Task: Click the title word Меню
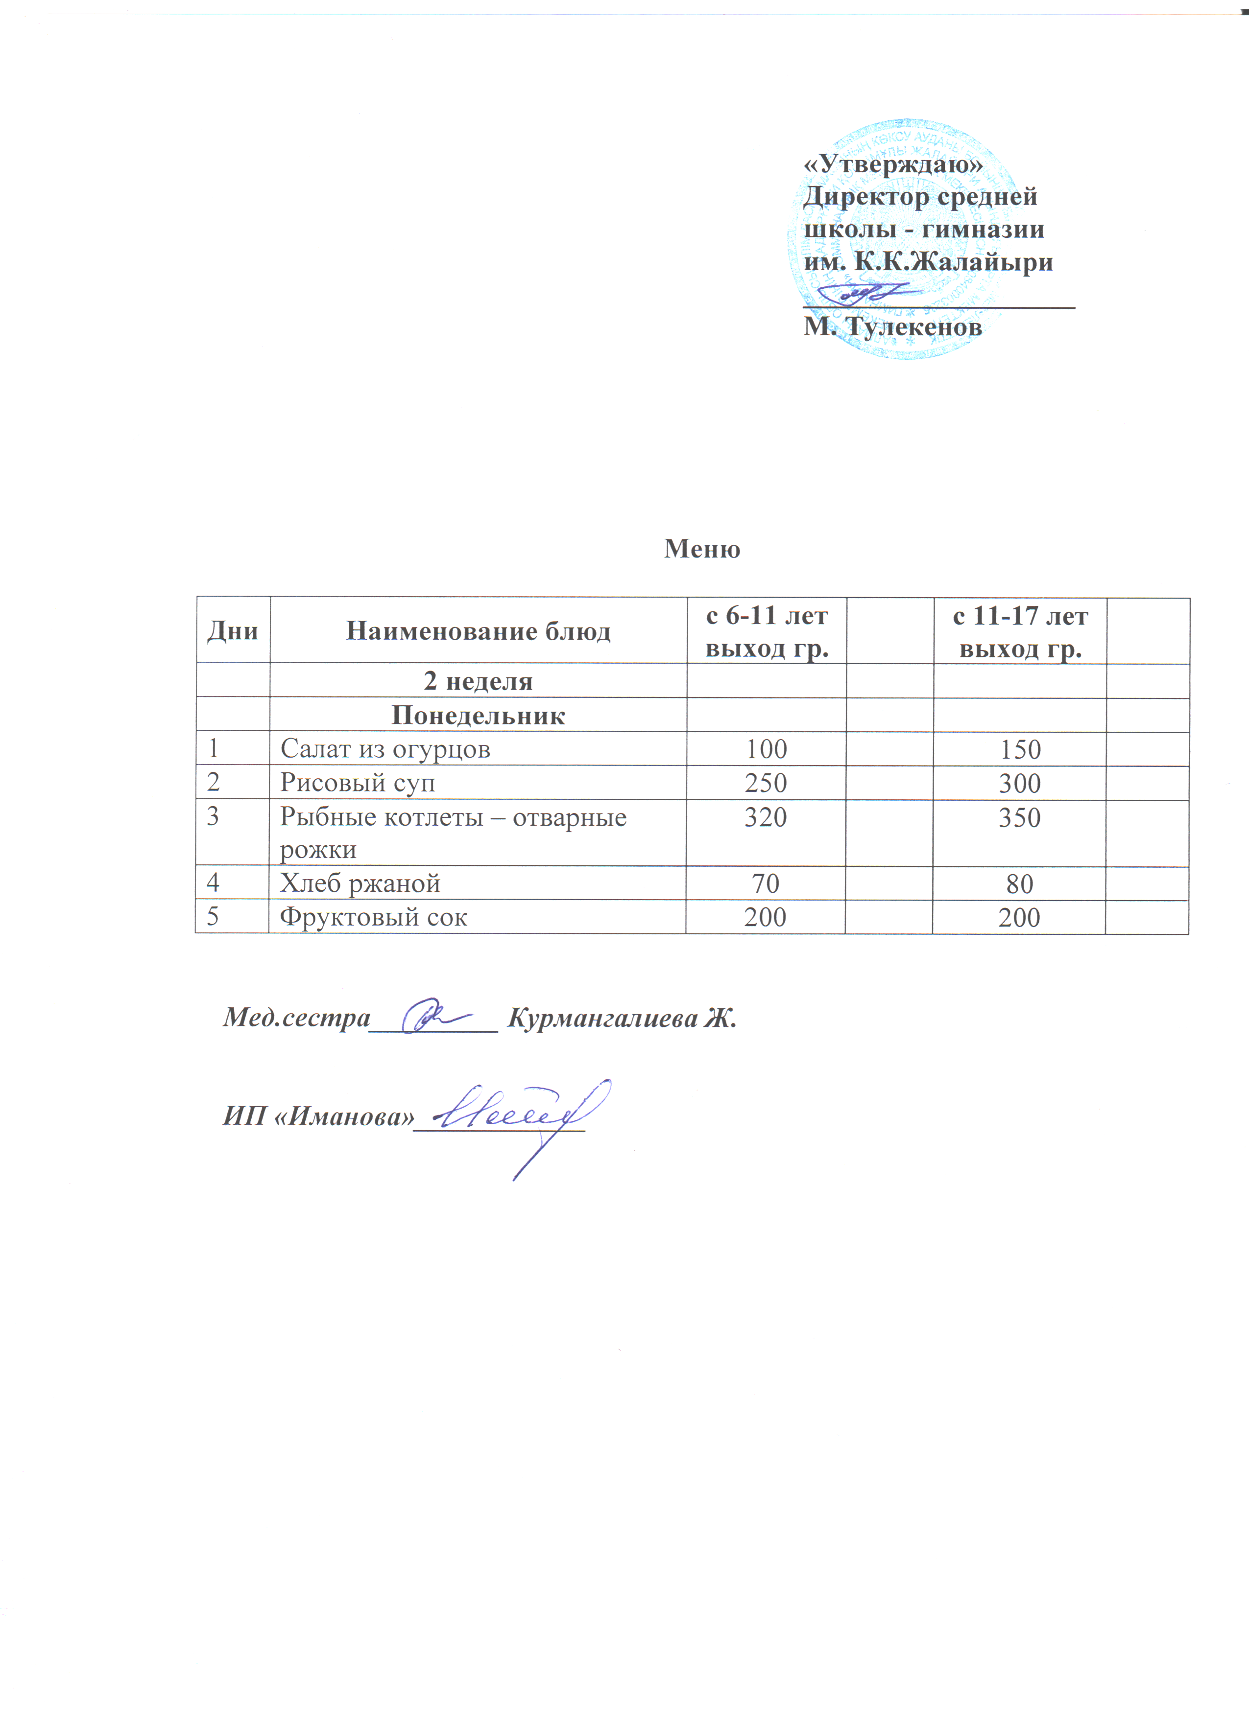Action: coord(701,548)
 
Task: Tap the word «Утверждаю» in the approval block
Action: coord(892,163)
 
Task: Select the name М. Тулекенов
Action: coord(892,327)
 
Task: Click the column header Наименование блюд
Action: coord(478,630)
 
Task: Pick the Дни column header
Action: coord(233,630)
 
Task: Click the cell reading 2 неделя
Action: coord(478,681)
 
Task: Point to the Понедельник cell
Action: coord(478,716)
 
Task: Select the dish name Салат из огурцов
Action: coord(385,749)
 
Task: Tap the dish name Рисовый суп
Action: coord(358,782)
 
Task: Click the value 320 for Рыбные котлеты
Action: coord(766,817)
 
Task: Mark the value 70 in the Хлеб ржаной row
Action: coord(766,883)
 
